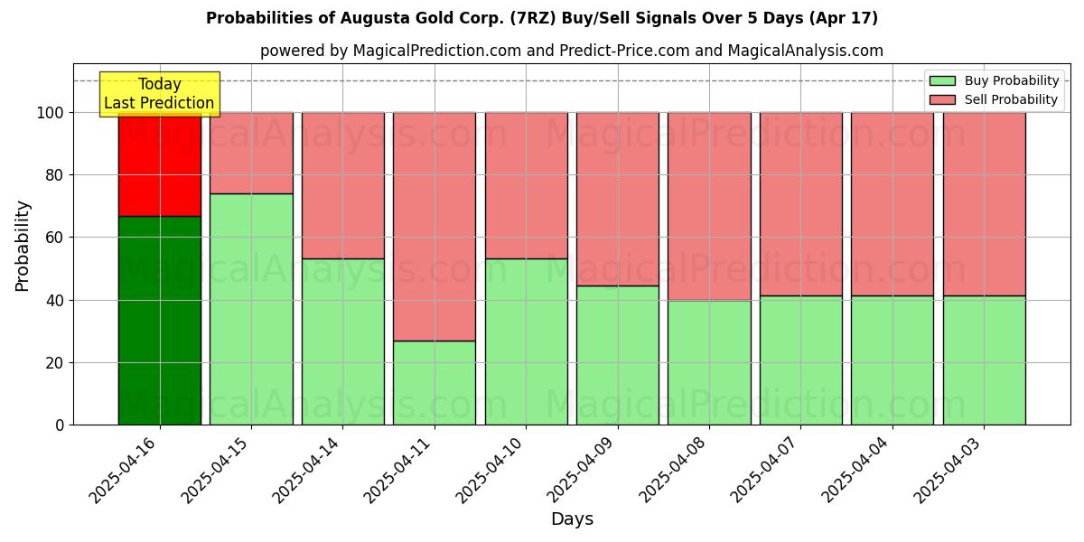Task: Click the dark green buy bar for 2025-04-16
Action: tap(160, 321)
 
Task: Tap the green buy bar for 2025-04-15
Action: tap(251, 309)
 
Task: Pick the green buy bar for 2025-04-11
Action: tap(435, 382)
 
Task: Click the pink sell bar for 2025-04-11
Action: tap(435, 226)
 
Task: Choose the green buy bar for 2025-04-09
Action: tap(618, 355)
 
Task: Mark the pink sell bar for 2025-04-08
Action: tap(709, 206)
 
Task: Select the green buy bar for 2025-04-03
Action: tap(984, 360)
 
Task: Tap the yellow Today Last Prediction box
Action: tap(160, 94)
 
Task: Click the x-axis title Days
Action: tap(572, 519)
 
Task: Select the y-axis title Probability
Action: tap(23, 246)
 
